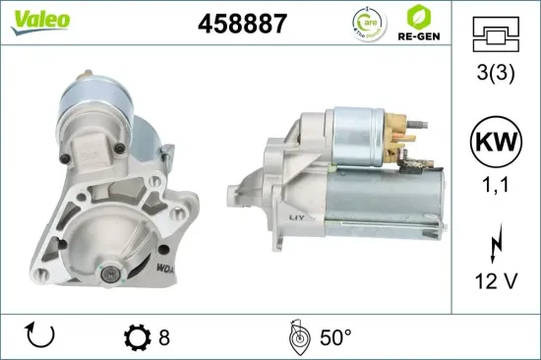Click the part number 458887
pos(243,24)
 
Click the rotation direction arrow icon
pos(38,335)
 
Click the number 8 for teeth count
pos(164,336)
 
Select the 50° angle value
pos(335,336)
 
